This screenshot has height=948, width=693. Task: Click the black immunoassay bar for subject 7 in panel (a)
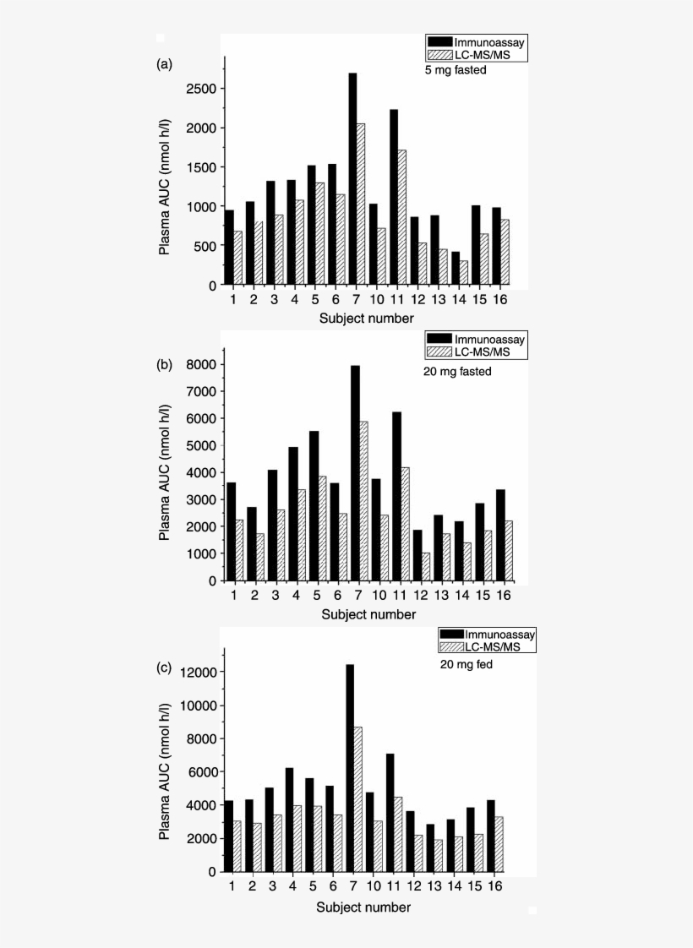coord(352,179)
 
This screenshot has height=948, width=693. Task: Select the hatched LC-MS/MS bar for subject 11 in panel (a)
coord(402,218)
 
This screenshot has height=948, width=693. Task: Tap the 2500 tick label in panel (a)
coord(201,89)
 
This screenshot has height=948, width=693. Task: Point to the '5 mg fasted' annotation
coord(456,70)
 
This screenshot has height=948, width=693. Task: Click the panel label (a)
coord(164,64)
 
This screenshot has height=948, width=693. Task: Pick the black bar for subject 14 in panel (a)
coord(456,269)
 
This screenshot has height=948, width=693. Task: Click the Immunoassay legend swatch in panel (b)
coord(439,339)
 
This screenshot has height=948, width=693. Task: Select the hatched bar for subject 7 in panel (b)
coord(363,501)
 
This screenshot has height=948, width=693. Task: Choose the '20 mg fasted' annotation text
coord(457,371)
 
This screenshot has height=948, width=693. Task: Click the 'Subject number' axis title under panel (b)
coord(368,615)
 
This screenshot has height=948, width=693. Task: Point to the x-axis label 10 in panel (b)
coord(379,596)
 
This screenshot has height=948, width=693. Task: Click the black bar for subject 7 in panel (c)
coord(350,768)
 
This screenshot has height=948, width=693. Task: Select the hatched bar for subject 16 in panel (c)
coord(499,845)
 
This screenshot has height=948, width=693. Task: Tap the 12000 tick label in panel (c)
coord(199,673)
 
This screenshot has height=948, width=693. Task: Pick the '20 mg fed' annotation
coord(467,664)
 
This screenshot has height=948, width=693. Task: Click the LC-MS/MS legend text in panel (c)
coord(492,647)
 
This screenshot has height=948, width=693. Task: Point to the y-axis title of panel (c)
coord(164,771)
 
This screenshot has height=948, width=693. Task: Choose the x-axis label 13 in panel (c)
coord(434,886)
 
